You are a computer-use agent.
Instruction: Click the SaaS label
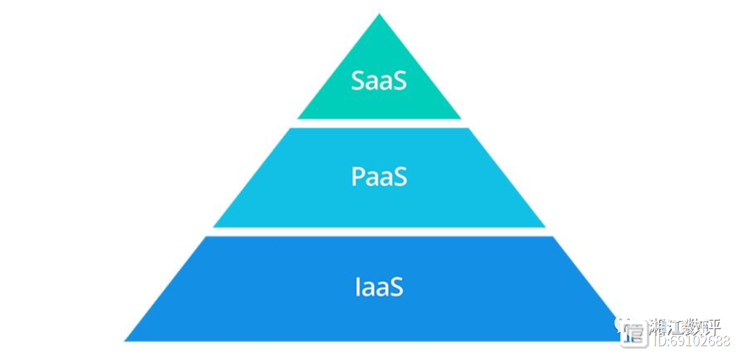[x=379, y=81]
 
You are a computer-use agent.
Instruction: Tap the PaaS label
[x=379, y=177]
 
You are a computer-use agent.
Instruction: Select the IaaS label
[x=379, y=286]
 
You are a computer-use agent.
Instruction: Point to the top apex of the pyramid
[x=379, y=15]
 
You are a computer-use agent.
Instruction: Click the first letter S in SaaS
[x=359, y=81]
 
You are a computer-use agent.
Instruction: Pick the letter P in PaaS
[x=359, y=177]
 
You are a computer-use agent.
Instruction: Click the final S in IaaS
[x=396, y=286]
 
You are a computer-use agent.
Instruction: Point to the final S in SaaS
[x=399, y=81]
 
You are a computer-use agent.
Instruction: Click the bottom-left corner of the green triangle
[x=299, y=118]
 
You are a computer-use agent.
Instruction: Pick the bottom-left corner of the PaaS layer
[x=215, y=226]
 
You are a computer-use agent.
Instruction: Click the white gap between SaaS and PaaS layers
[x=379, y=123]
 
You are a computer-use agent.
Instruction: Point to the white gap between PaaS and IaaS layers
[x=379, y=232]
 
